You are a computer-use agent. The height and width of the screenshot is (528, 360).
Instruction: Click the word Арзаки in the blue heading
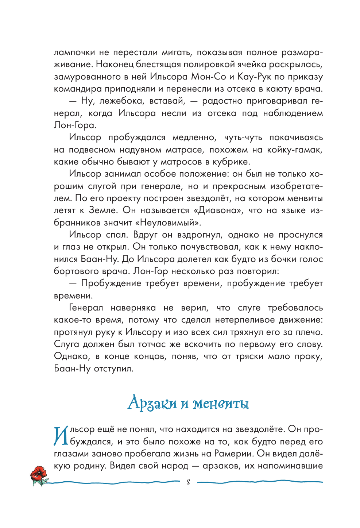152,403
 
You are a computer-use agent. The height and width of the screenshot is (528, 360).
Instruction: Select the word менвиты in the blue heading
221,404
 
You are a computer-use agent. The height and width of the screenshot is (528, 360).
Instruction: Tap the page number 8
188,483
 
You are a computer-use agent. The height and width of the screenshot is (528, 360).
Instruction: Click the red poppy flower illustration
38,475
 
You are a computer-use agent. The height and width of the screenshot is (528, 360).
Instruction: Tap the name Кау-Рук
254,77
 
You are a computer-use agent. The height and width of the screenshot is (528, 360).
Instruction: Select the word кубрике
232,162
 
